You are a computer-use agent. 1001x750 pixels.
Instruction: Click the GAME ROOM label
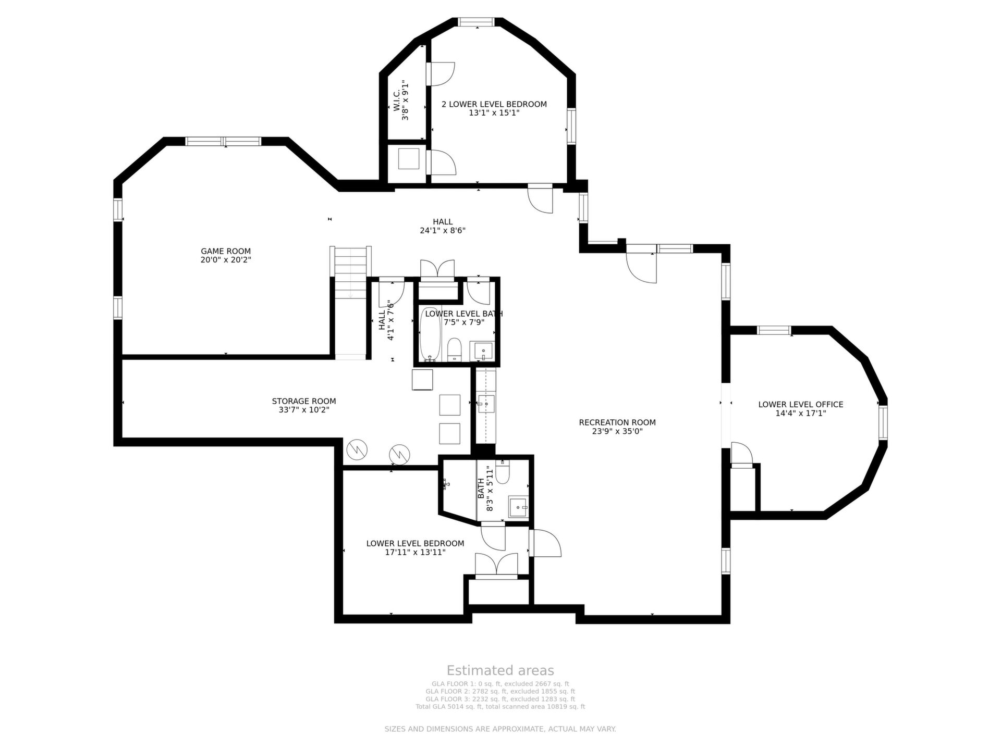point(226,251)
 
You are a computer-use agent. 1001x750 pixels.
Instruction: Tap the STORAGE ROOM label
point(304,401)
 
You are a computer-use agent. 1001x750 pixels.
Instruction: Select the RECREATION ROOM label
point(617,422)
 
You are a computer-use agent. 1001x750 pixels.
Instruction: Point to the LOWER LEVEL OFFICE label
point(801,404)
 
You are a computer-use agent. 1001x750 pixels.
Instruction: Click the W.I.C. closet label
point(396,101)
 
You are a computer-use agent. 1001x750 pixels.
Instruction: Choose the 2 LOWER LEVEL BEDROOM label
point(494,104)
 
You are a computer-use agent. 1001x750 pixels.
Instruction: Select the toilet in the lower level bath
point(455,349)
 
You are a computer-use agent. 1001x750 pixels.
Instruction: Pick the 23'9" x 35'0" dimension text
point(617,431)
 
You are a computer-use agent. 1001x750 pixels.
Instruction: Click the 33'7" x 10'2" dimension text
point(304,410)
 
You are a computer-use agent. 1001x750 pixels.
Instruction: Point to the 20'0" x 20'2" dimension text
point(226,260)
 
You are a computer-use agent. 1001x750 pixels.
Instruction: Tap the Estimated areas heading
point(500,670)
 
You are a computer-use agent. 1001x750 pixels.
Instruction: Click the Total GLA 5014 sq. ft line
point(500,707)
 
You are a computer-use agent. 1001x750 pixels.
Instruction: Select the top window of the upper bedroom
point(476,22)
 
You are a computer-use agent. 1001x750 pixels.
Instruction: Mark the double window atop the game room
point(224,141)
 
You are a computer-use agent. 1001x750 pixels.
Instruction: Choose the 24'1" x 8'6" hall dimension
point(443,231)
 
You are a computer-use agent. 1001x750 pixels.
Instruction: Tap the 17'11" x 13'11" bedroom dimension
point(415,552)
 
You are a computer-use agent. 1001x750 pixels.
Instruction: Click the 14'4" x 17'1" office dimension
point(801,413)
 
